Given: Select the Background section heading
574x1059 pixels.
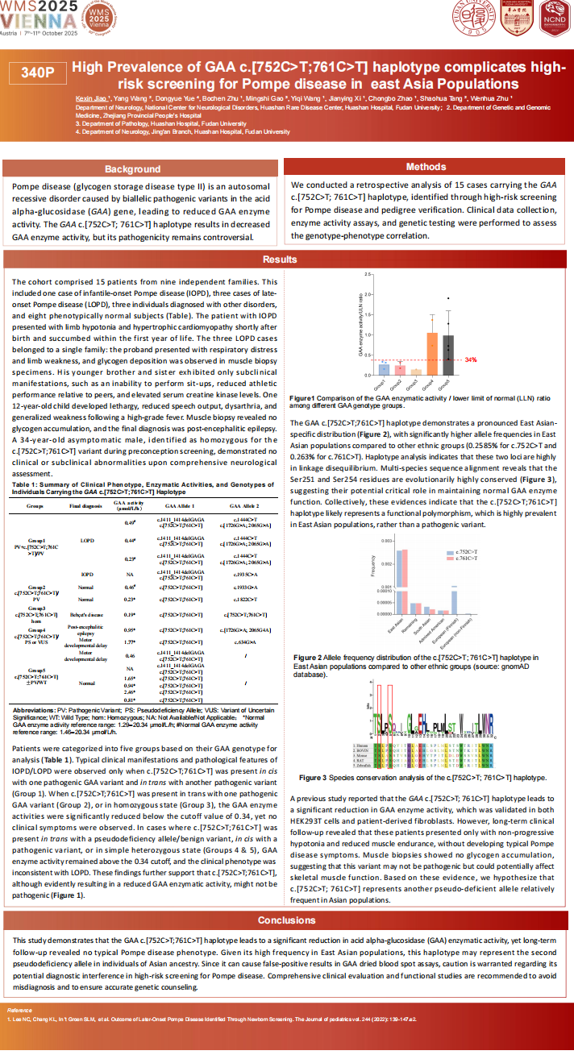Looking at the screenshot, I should click(133, 169).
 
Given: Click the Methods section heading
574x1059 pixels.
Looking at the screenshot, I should click(426, 166).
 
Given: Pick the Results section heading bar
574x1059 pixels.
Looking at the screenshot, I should click(287, 260).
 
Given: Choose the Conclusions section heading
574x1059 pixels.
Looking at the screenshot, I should click(287, 920).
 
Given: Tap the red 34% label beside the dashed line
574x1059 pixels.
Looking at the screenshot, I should click(471, 359).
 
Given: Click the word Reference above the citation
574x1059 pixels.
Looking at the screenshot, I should click(19, 1009).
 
